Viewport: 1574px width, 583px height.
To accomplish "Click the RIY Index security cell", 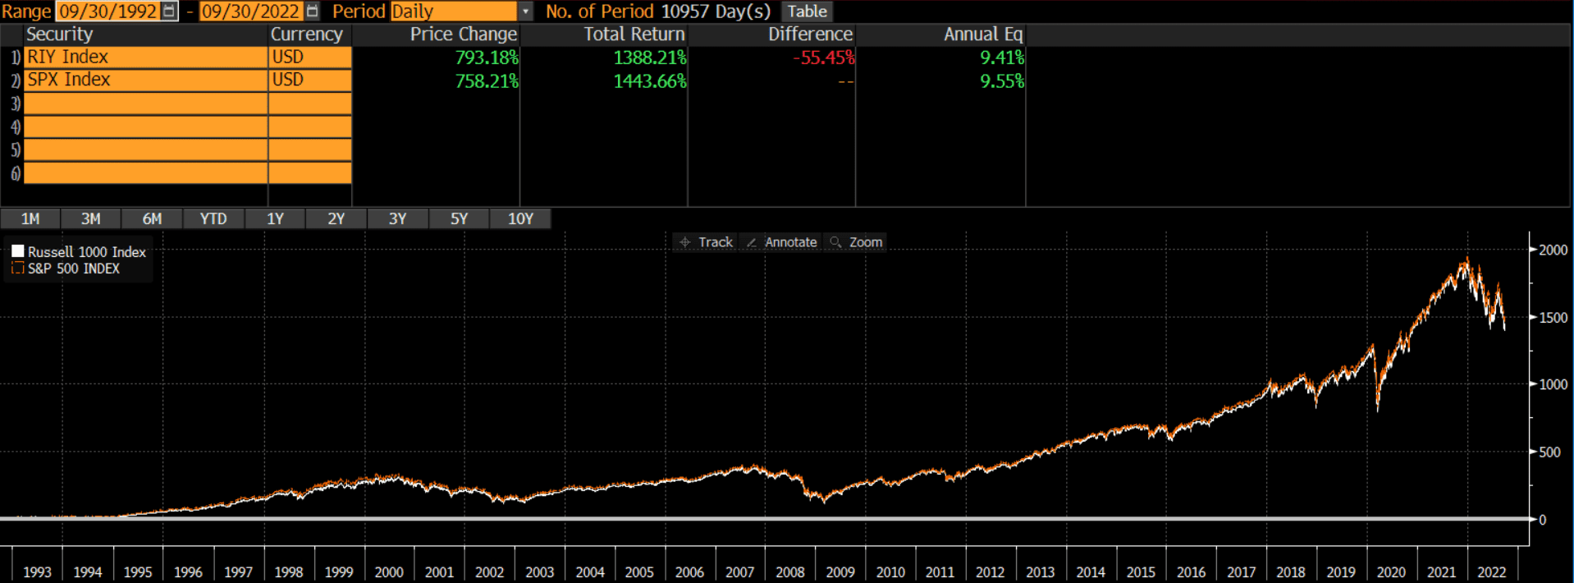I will click(x=145, y=57).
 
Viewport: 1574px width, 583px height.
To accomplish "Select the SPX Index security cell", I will click(x=145, y=80).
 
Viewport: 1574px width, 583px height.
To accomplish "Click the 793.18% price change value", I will click(x=487, y=57).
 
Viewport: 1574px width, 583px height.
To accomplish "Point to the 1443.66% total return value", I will click(x=649, y=81).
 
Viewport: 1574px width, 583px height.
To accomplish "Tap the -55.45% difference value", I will click(x=823, y=57).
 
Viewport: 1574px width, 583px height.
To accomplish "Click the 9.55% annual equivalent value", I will click(x=1001, y=81).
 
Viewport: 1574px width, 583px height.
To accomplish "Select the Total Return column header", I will click(x=634, y=34).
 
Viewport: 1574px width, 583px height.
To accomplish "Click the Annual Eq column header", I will click(x=982, y=34).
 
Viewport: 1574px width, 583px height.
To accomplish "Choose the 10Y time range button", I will click(x=520, y=219).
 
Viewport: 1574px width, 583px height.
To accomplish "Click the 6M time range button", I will click(x=152, y=219).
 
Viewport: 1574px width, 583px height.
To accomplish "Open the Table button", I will click(x=808, y=11).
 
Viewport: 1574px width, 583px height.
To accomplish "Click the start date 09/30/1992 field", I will click(x=108, y=11).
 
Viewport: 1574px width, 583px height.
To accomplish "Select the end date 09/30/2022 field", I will click(x=250, y=11).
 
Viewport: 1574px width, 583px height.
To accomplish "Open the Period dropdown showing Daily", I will click(x=462, y=11).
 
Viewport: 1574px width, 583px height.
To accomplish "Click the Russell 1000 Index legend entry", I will click(x=86, y=252).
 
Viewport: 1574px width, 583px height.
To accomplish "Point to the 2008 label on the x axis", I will click(x=789, y=572).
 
